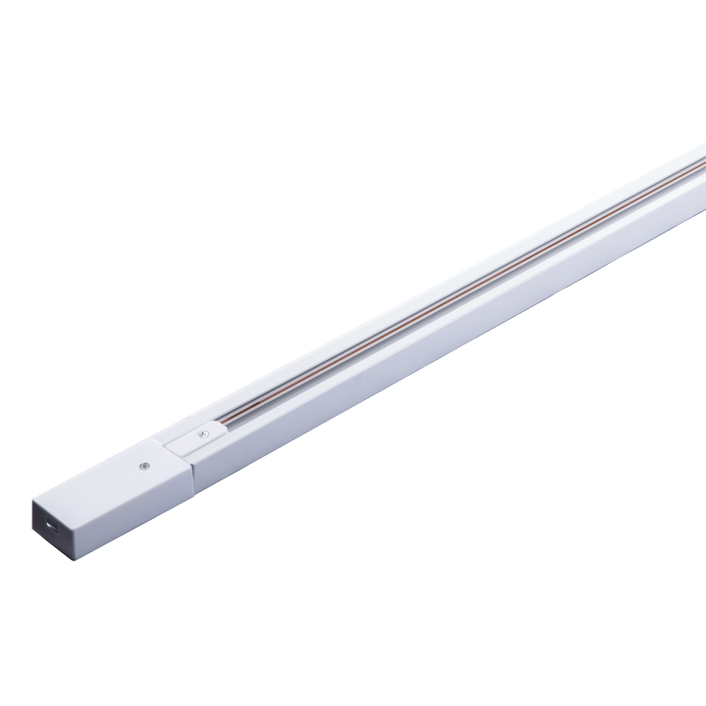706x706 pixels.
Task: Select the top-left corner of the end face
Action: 33,501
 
